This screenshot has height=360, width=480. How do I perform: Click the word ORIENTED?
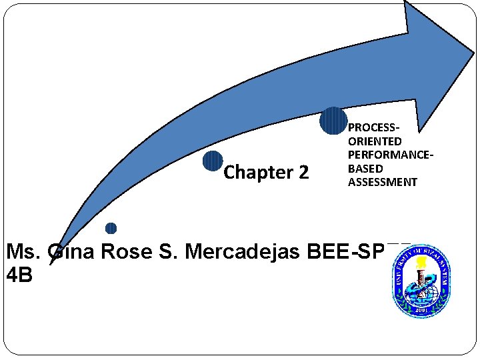(375, 141)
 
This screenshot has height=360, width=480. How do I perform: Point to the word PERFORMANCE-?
(391, 155)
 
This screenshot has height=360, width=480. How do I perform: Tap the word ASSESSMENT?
(383, 182)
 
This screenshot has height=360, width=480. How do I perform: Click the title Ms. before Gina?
(24, 252)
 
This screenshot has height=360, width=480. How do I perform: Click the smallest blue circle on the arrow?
(111, 229)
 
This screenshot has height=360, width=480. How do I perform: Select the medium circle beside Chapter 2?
(213, 161)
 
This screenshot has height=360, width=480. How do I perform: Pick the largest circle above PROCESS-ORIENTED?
(333, 121)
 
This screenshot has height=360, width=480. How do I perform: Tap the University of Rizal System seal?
(419, 281)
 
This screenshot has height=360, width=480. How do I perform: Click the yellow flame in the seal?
(421, 262)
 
